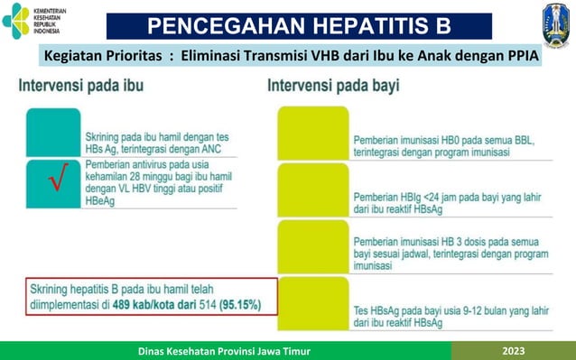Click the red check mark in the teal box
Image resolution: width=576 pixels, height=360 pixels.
pos(55,185)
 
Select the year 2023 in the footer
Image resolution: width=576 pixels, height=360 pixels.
pos(524,349)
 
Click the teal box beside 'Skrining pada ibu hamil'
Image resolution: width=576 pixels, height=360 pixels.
pos(54,133)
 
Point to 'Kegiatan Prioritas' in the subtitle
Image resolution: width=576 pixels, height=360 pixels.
pos(103,56)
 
